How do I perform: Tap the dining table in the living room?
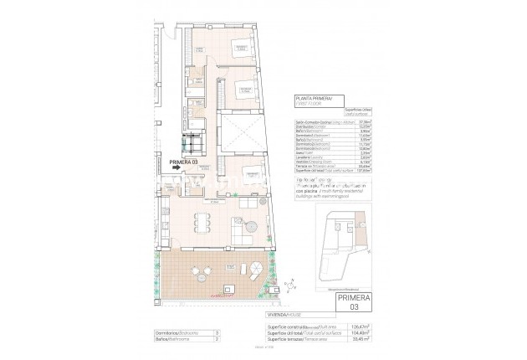point(200,220)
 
